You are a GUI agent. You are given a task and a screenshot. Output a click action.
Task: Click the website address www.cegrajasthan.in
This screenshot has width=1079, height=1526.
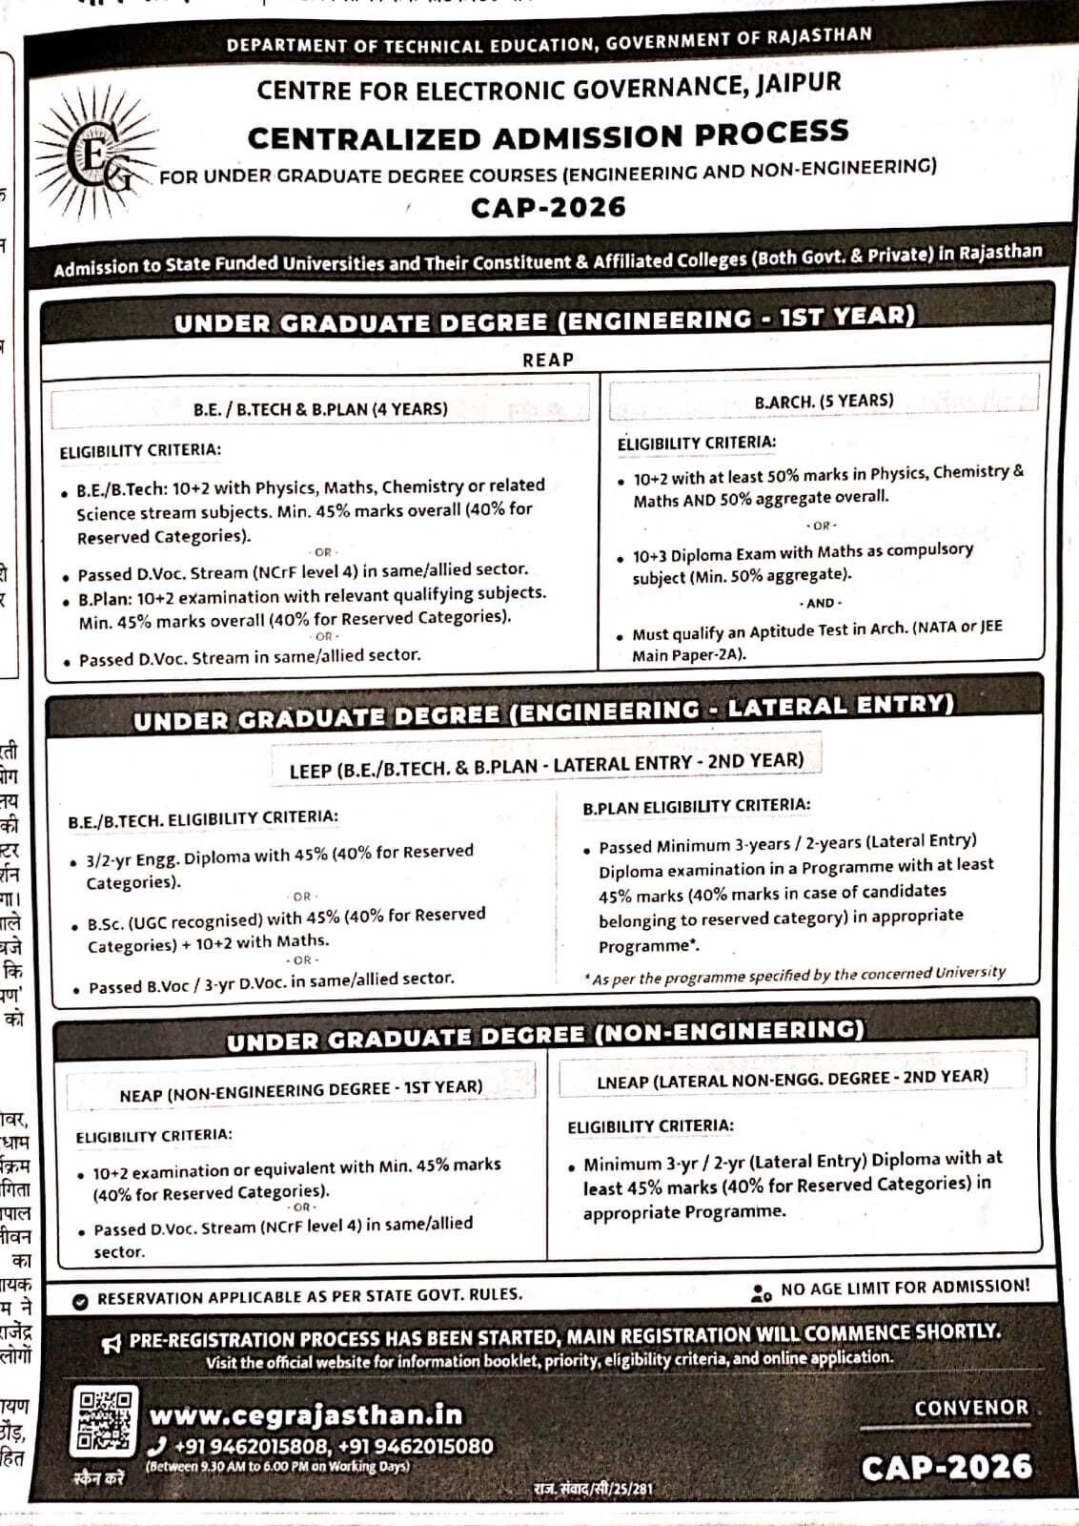(x=306, y=1414)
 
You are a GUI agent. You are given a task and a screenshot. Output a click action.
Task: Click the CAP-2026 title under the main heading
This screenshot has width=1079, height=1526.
(x=548, y=207)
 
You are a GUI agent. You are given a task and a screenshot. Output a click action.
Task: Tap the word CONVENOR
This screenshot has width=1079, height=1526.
(x=971, y=1408)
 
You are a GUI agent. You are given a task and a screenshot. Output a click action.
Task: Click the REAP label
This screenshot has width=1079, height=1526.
(x=548, y=360)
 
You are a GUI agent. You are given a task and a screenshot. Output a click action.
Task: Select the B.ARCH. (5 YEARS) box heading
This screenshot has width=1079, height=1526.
(x=824, y=401)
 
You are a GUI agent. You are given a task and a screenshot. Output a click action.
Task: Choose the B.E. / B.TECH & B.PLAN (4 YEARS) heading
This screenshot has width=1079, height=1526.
(x=320, y=409)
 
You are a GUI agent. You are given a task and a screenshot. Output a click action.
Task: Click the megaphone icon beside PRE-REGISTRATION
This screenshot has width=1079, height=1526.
(x=112, y=1344)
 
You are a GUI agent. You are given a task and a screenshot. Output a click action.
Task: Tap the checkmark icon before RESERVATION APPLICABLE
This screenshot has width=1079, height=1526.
(x=80, y=1301)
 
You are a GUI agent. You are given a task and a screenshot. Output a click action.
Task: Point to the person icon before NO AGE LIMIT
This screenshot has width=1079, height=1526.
(x=761, y=1293)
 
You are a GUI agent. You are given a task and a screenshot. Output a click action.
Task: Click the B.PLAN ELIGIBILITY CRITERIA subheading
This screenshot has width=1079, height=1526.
(x=697, y=806)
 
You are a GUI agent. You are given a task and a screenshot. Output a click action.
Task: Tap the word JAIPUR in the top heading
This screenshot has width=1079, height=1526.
(x=799, y=83)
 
